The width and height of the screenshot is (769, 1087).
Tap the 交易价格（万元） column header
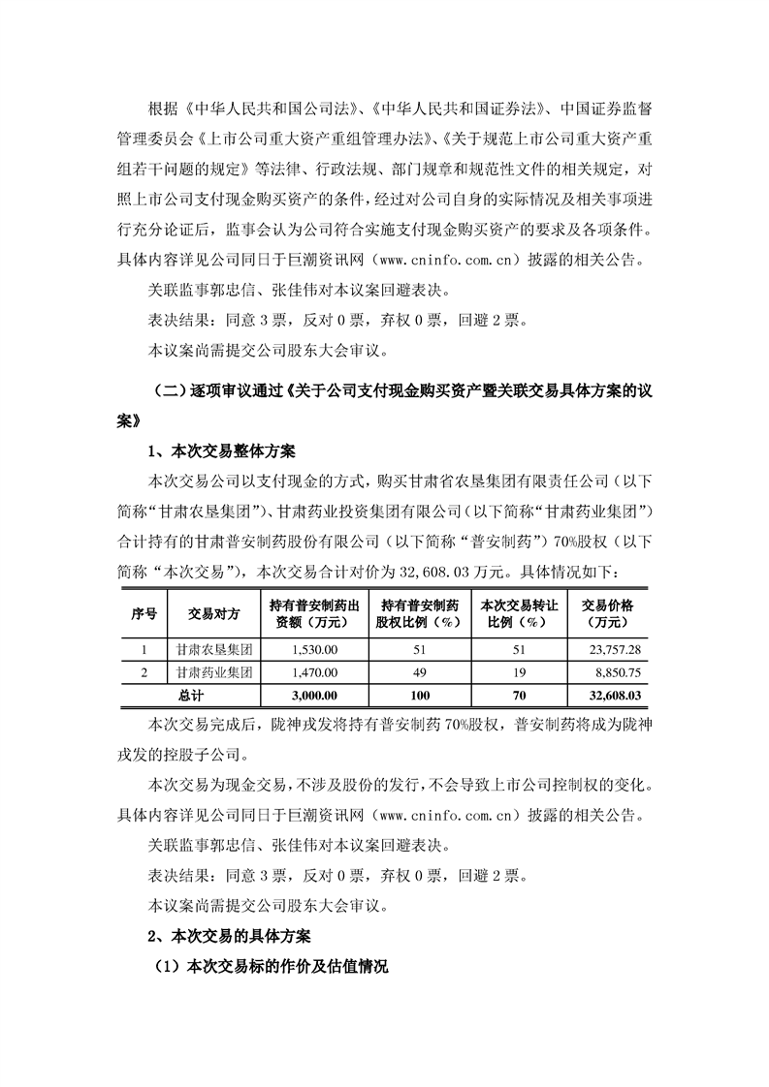coord(607,612)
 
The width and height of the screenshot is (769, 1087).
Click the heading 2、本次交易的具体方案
coord(239,937)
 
